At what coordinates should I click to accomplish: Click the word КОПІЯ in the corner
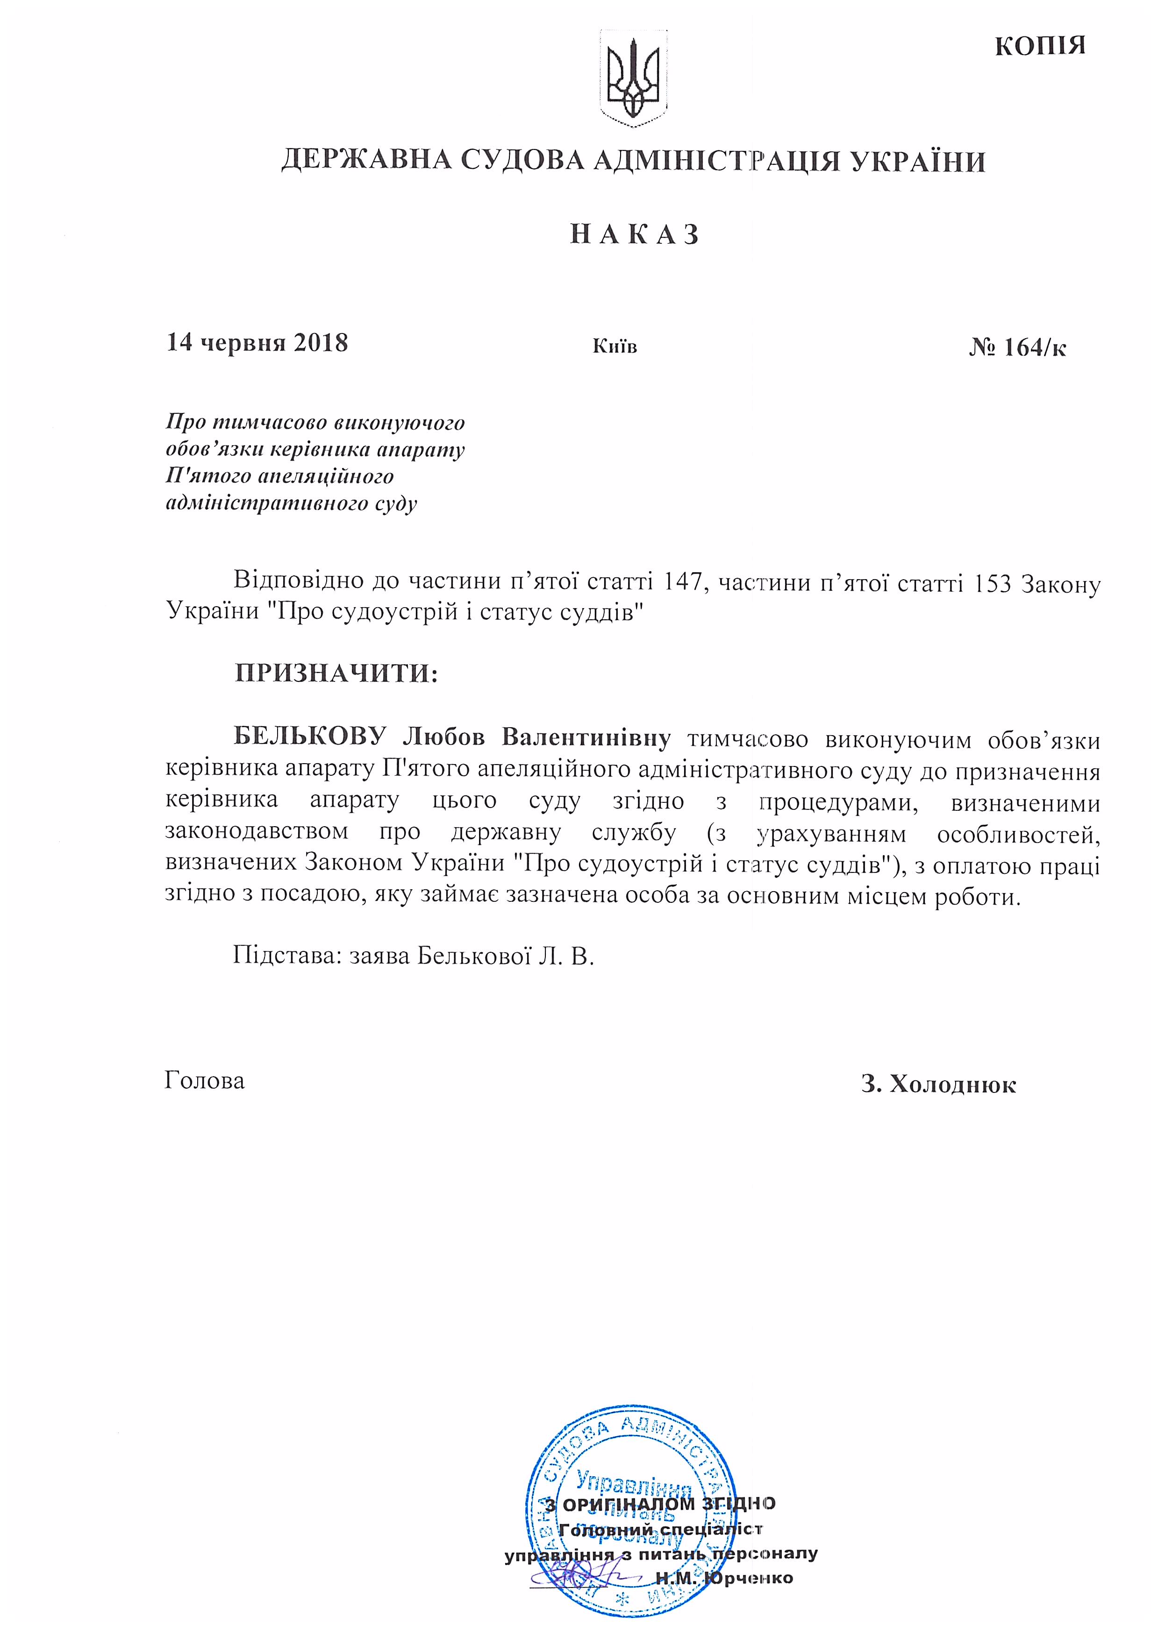point(1040,46)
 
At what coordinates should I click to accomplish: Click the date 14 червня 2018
point(257,343)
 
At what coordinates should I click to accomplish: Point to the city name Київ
point(615,347)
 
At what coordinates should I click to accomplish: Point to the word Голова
point(205,1080)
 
